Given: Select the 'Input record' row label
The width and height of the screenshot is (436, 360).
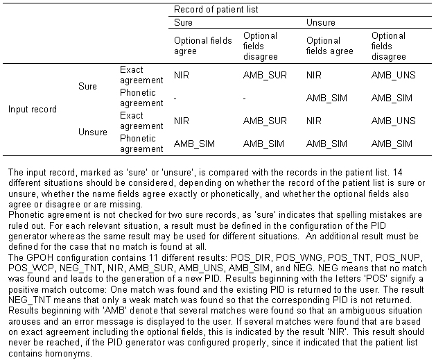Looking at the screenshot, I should (33, 109).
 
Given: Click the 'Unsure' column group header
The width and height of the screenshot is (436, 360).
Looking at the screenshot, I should (321, 23).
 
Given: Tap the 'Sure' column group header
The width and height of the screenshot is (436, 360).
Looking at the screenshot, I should (183, 23).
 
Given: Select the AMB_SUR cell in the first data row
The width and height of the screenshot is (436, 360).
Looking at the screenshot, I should (264, 75).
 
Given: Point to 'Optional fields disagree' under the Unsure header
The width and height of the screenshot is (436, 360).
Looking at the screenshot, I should (388, 45).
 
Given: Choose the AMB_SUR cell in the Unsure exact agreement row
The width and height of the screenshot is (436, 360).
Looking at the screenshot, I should (264, 120).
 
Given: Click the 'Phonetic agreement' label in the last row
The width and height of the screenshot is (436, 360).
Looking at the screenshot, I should (141, 143).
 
